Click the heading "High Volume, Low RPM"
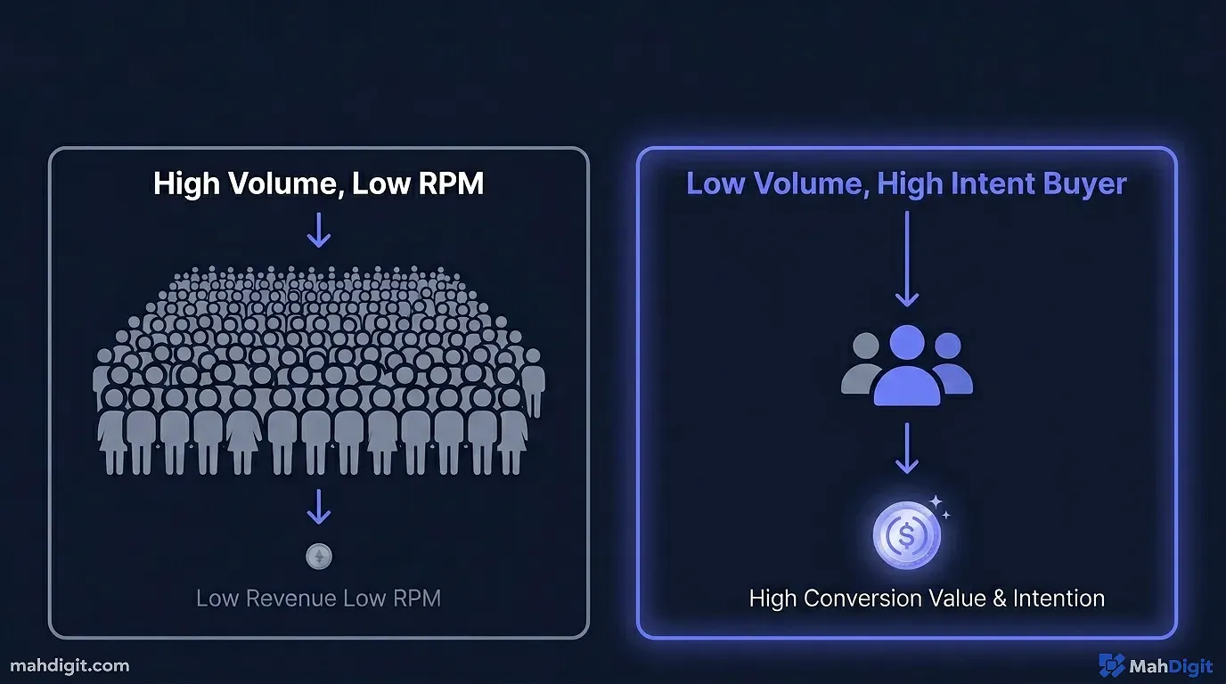pos(318,183)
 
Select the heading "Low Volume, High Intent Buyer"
pos(906,183)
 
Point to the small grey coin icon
pos(318,558)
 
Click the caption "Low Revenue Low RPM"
pos(318,598)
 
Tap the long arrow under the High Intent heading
pos(906,259)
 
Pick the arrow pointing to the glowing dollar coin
pos(906,448)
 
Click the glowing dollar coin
pos(906,536)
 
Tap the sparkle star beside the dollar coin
pos(936,504)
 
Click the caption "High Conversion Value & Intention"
pos(927,598)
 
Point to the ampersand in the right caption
pos(999,598)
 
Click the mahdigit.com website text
pos(69,665)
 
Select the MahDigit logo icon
pos(1111,665)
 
